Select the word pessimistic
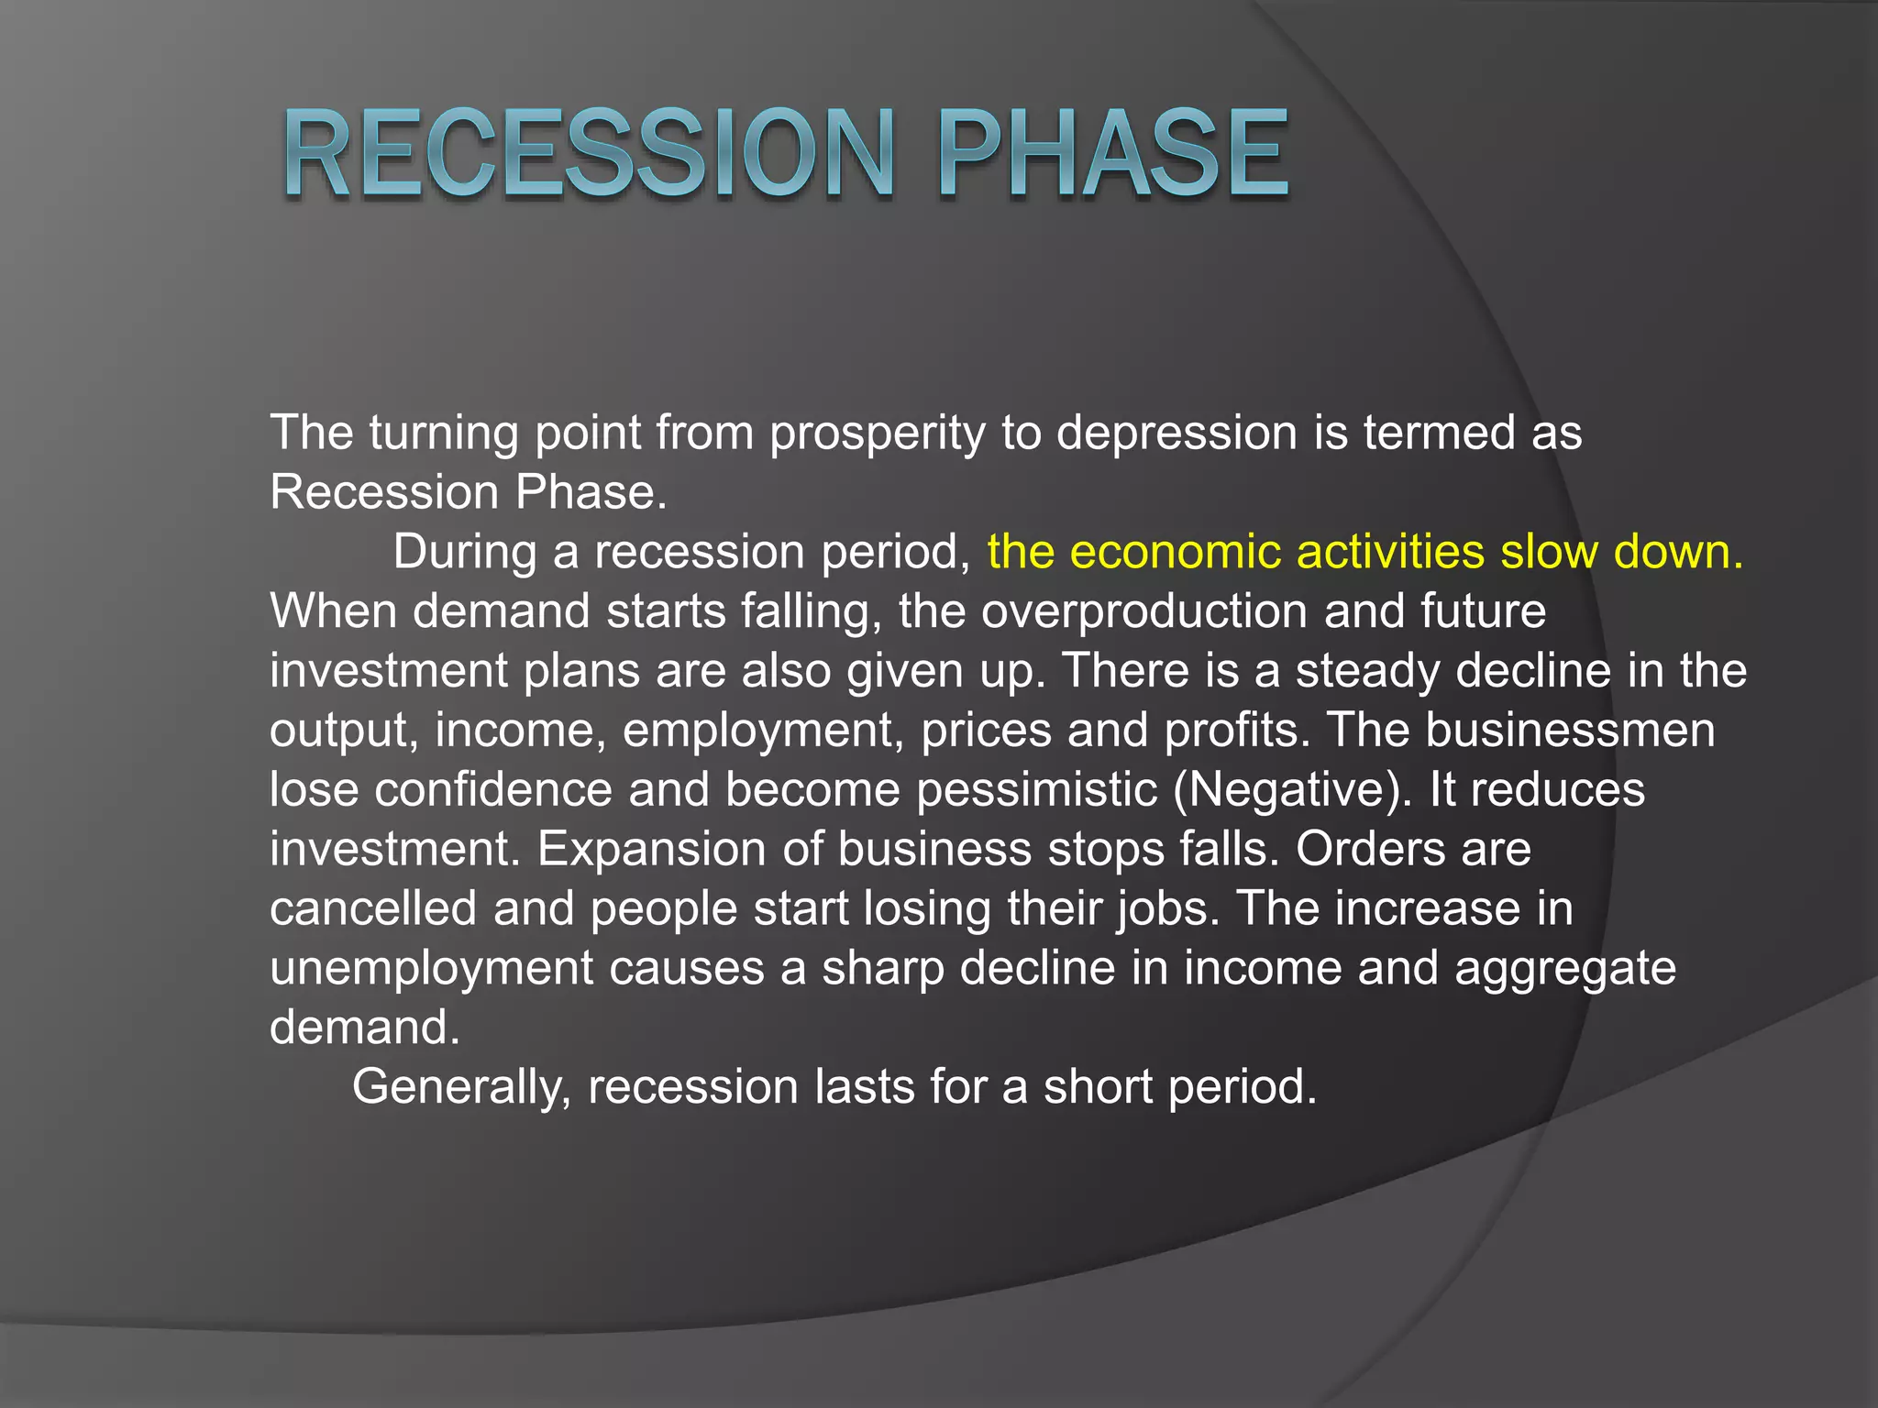click(x=1037, y=789)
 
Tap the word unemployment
click(x=431, y=968)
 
